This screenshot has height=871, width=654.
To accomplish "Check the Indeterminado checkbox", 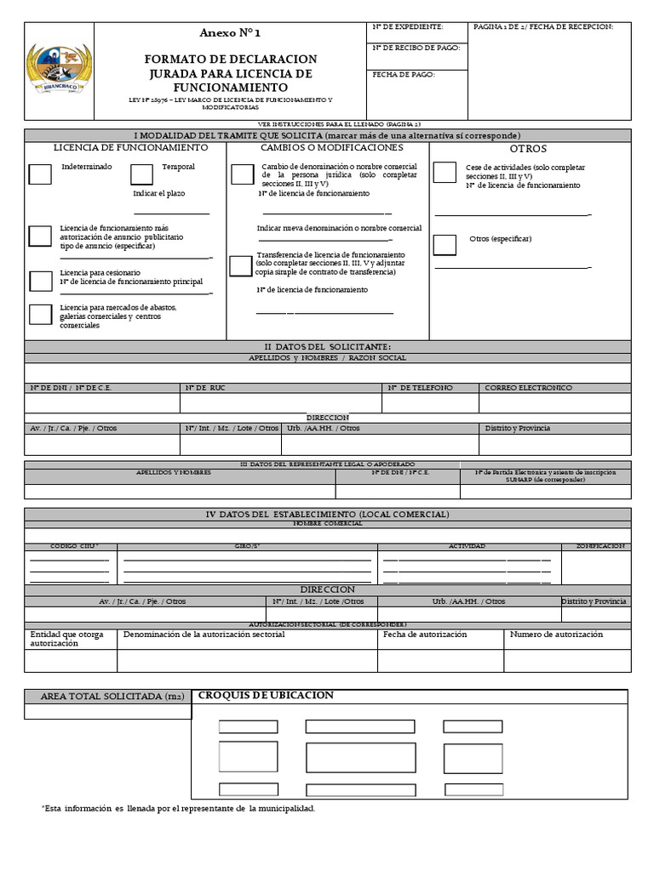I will (39, 174).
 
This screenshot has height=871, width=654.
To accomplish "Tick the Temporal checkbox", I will (141, 174).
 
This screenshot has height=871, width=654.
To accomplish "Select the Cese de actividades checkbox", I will (444, 173).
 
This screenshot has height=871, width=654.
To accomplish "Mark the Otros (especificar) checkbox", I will (444, 245).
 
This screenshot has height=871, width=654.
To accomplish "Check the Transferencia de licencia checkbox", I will (240, 265).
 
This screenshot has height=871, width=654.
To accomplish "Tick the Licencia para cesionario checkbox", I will (40, 282).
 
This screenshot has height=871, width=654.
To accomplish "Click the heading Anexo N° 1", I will (230, 33).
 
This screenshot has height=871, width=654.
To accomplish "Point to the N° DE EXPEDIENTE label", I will (408, 27).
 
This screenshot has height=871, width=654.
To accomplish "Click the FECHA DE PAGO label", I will (404, 75).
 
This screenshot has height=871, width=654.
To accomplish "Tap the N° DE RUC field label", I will (204, 388).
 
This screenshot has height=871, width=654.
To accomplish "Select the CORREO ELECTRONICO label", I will (528, 388).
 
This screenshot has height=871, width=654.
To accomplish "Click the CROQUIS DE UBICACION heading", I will (266, 696).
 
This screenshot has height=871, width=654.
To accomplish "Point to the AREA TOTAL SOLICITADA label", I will (107, 697).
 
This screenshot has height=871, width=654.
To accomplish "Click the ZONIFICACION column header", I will (600, 546).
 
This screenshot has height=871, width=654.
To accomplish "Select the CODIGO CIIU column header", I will (75, 546).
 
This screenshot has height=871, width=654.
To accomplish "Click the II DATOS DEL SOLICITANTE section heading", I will (328, 346).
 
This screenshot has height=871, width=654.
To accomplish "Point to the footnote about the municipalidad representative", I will (178, 807).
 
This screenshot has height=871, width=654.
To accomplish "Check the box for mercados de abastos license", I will (40, 314).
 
